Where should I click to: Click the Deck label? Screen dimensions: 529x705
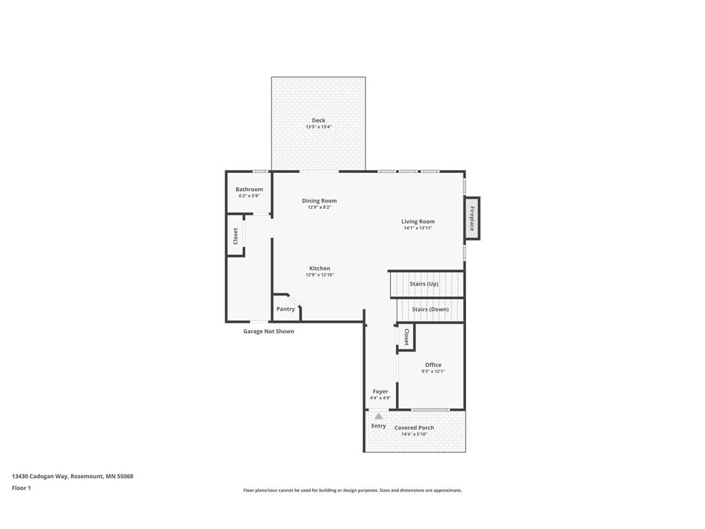pyautogui.click(x=318, y=121)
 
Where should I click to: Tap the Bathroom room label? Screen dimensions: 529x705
pyautogui.click(x=249, y=189)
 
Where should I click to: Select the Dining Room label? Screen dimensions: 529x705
pyautogui.click(x=319, y=200)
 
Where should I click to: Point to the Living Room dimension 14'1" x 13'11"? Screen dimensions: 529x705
pyautogui.click(x=418, y=228)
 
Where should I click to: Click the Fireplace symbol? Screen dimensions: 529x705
pyautogui.click(x=472, y=218)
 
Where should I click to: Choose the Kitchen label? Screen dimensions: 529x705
pyautogui.click(x=319, y=268)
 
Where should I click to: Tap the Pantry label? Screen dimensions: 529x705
pyautogui.click(x=286, y=309)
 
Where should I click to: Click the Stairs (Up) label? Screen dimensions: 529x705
pyautogui.click(x=424, y=284)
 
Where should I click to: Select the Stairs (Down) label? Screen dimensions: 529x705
pyautogui.click(x=430, y=309)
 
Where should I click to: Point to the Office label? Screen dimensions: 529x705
pyautogui.click(x=433, y=365)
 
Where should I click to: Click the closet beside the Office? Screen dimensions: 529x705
pyautogui.click(x=406, y=337)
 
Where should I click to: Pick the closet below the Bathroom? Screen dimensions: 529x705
pyautogui.click(x=235, y=236)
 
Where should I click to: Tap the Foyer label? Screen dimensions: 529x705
pyautogui.click(x=380, y=391)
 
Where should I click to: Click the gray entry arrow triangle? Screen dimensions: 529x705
pyautogui.click(x=379, y=416)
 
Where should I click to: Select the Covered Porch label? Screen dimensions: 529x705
pyautogui.click(x=414, y=428)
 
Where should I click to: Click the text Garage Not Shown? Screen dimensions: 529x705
pyautogui.click(x=269, y=331)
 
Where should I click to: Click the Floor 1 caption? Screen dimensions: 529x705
pyautogui.click(x=21, y=488)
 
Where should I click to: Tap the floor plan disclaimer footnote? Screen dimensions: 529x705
pyautogui.click(x=352, y=490)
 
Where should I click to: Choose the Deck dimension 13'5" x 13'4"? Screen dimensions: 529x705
pyautogui.click(x=318, y=127)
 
